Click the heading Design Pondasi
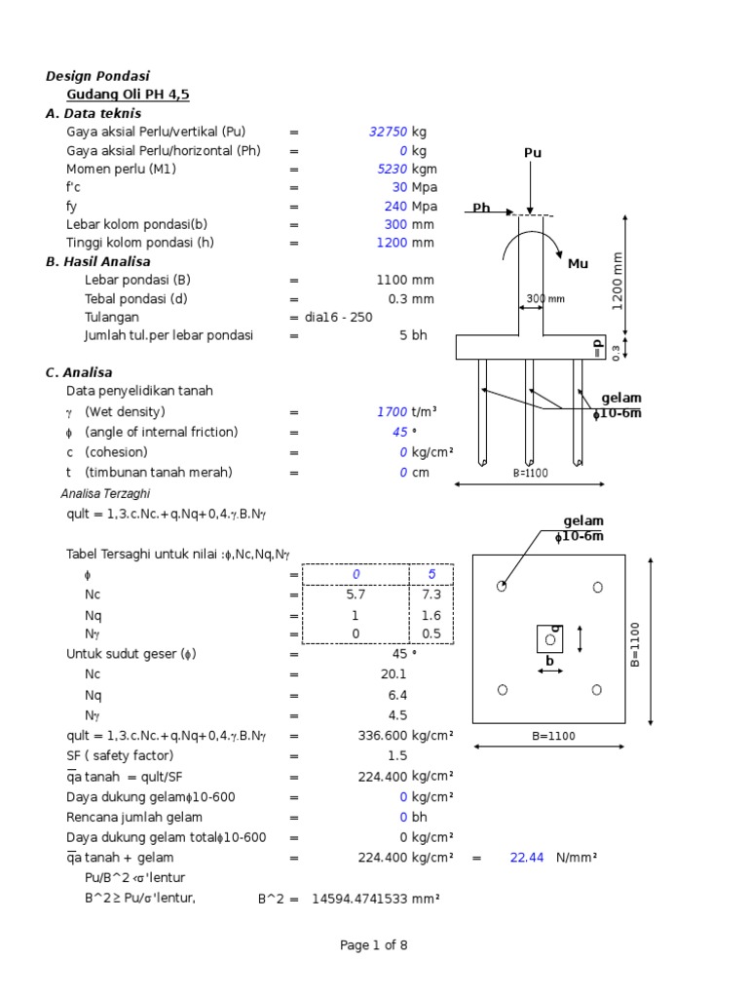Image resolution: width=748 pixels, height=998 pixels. point(97,76)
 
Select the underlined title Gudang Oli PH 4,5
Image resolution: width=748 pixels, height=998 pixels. point(128,95)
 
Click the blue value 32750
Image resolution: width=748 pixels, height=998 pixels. point(389,133)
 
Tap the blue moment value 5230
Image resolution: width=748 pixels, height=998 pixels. point(393,170)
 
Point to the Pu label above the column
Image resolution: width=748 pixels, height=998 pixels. point(533,153)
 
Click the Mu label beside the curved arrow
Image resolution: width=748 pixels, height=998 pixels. point(579,264)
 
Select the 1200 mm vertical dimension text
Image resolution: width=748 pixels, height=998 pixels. point(617,281)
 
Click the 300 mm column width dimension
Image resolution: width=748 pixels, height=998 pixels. point(545,299)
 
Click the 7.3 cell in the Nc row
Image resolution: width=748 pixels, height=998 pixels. point(432,594)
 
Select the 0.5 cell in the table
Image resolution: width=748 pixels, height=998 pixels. point(432,633)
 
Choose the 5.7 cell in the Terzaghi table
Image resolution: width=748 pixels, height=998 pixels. point(355,594)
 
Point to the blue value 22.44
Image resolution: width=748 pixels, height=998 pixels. point(526,858)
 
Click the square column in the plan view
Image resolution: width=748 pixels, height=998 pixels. point(550,639)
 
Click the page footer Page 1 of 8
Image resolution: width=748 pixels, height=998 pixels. point(374,945)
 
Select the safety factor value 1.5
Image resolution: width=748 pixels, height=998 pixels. point(396,756)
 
